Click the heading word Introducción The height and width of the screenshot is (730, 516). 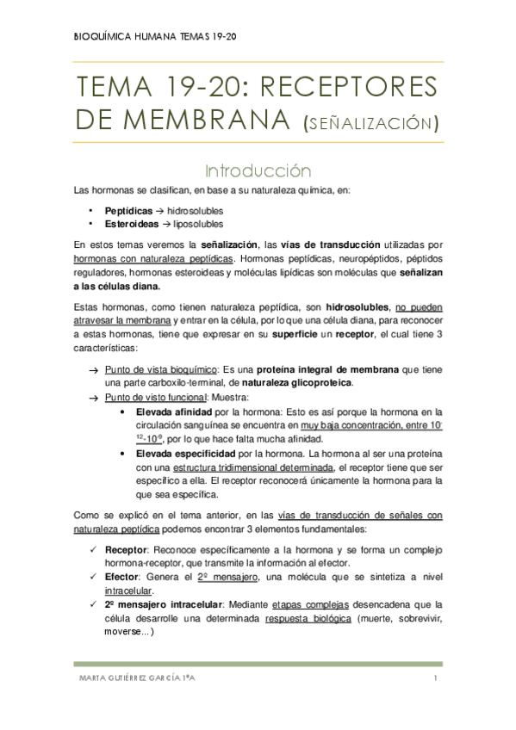point(258,170)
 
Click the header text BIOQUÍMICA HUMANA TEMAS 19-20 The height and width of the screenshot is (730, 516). point(154,35)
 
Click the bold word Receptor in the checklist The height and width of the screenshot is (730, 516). point(125,550)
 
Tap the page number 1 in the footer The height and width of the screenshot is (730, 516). point(437,680)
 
